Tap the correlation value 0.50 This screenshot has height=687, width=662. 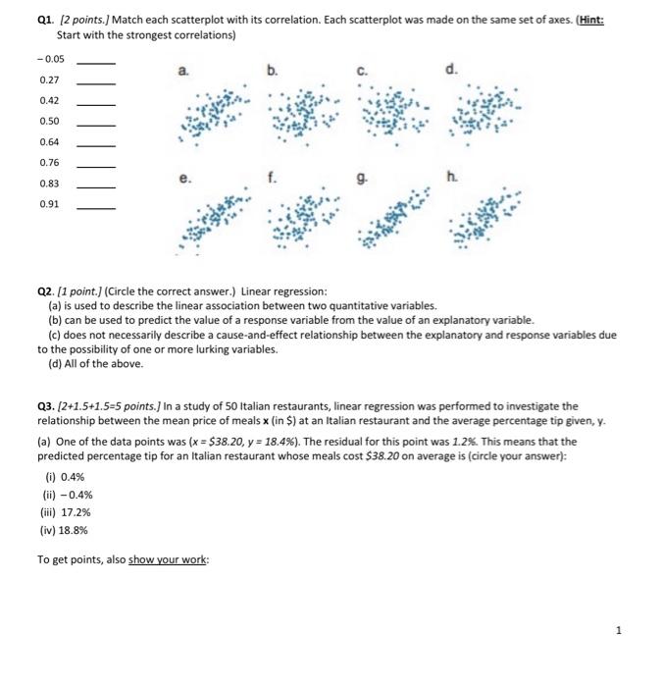[x=49, y=121]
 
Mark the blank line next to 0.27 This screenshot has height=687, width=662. [x=96, y=79]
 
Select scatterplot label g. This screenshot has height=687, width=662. [x=364, y=181]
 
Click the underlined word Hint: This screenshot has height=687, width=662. [x=587, y=20]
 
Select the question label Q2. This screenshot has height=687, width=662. [x=45, y=291]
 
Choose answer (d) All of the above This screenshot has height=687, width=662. [x=95, y=363]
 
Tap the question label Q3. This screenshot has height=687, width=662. [x=45, y=405]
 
